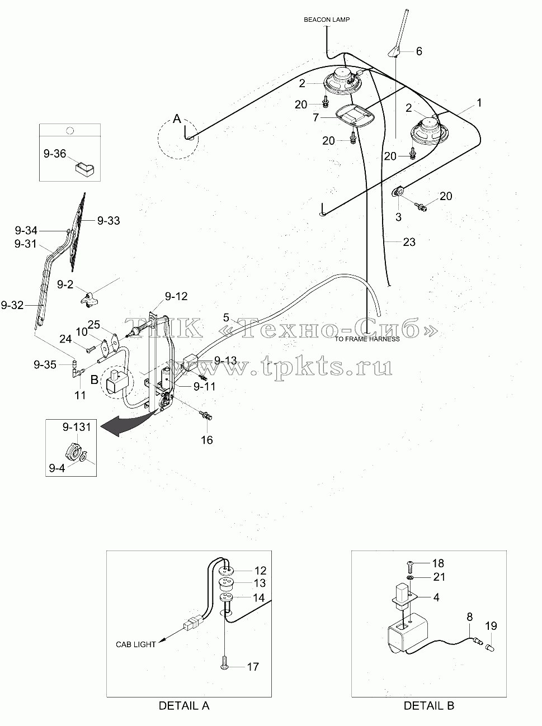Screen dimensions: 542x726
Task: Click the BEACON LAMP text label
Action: click(327, 20)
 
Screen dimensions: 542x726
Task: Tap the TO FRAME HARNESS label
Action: click(367, 339)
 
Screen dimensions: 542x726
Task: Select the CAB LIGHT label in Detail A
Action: click(136, 644)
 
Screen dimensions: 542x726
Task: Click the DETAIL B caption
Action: click(429, 705)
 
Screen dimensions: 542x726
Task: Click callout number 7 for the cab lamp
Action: click(315, 117)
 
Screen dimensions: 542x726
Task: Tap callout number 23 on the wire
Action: click(409, 242)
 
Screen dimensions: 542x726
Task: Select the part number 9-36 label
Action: click(55, 154)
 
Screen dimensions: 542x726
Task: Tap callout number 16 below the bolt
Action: click(207, 440)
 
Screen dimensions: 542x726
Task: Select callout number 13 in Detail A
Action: click(260, 583)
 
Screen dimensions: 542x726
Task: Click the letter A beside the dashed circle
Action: click(177, 118)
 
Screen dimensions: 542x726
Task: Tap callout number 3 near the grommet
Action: click(398, 217)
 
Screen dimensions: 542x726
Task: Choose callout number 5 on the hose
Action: click(226, 317)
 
